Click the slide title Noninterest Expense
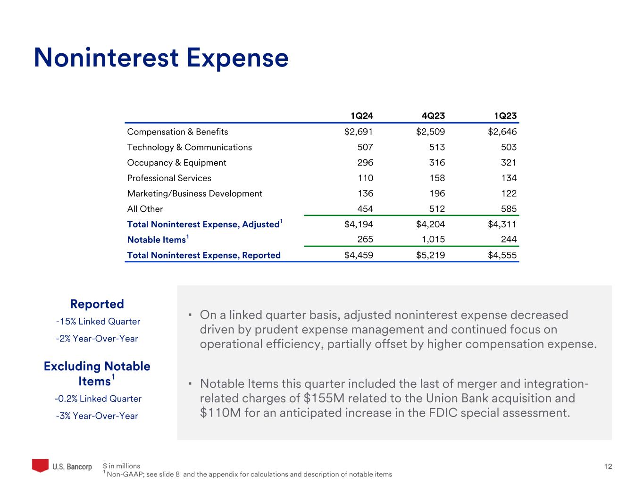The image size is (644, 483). (161, 58)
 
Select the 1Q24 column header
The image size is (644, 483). (361, 116)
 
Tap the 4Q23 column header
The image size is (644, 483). (433, 116)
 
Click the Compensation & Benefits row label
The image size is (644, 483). (177, 132)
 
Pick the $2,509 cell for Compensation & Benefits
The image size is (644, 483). (430, 132)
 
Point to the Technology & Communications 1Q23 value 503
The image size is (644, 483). (509, 147)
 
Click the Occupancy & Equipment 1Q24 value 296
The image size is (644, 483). (365, 163)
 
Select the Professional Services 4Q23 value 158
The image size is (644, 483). (437, 178)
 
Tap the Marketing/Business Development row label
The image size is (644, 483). (194, 193)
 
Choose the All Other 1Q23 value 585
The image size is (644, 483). (509, 209)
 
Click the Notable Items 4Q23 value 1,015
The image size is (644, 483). (433, 240)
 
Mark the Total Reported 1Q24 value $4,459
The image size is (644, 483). (359, 255)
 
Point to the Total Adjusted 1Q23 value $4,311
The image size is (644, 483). (502, 225)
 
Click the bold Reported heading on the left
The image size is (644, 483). (97, 304)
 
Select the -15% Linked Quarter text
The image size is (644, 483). (98, 322)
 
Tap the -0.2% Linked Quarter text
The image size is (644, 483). (98, 399)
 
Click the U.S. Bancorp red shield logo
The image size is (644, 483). (40, 465)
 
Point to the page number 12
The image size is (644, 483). (608, 466)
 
